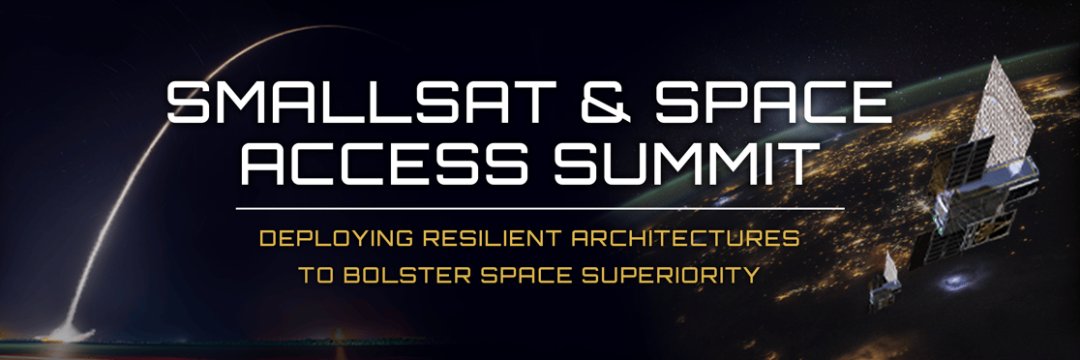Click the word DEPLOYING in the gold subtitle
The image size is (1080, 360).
coord(323,237)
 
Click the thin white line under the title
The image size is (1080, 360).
coord(539,207)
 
